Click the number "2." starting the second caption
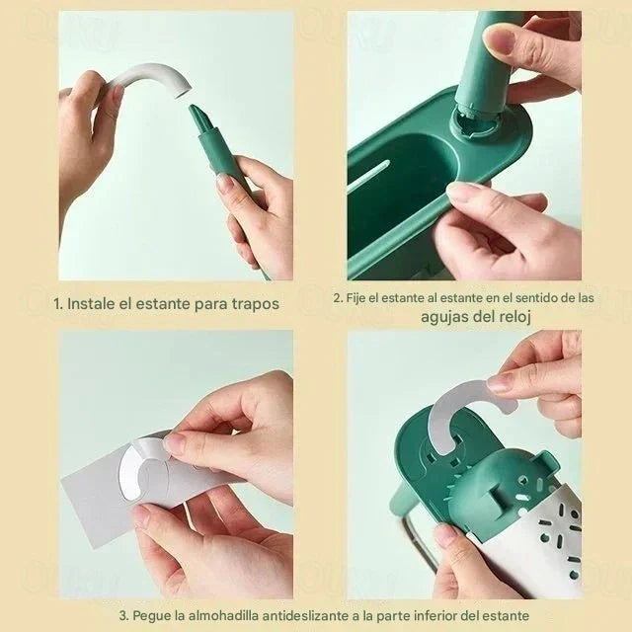point(338,297)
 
